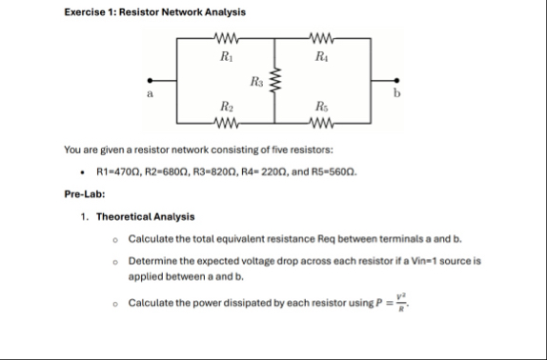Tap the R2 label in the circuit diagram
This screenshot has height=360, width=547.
pyautogui.click(x=225, y=107)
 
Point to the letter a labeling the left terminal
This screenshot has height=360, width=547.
pyautogui.click(x=149, y=95)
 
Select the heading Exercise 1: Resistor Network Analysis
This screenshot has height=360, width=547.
pyautogui.click(x=140, y=12)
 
